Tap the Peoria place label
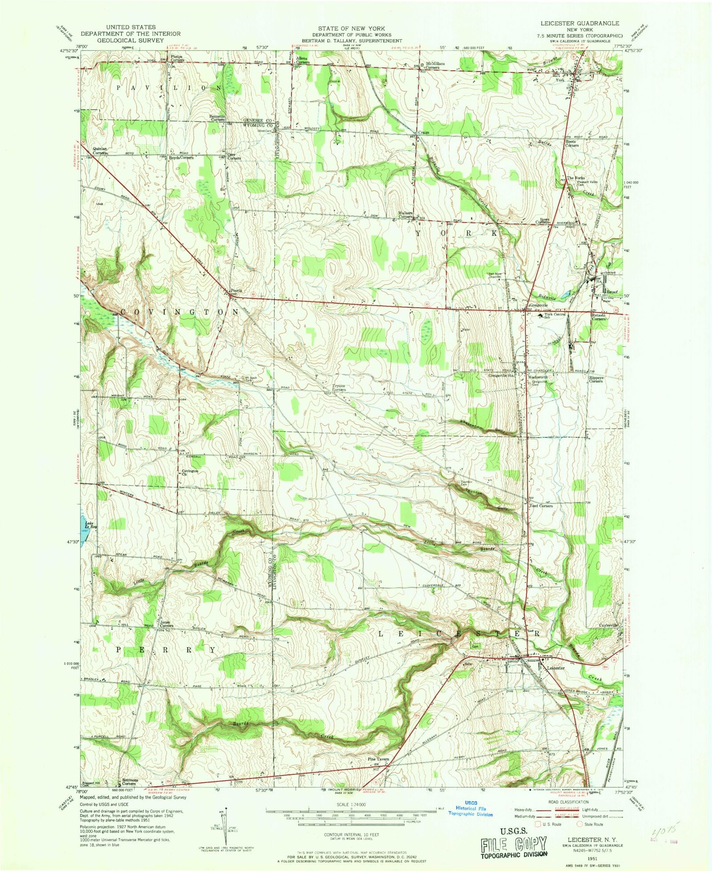pos(235,291)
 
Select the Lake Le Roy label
pos(90,525)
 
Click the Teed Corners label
pos(541,506)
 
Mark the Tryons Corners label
pos(339,388)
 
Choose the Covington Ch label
pos(190,472)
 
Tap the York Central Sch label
pos(554,316)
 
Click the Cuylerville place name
pos(608,625)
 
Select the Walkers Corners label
pos(405,215)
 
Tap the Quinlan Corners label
pos(100,151)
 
